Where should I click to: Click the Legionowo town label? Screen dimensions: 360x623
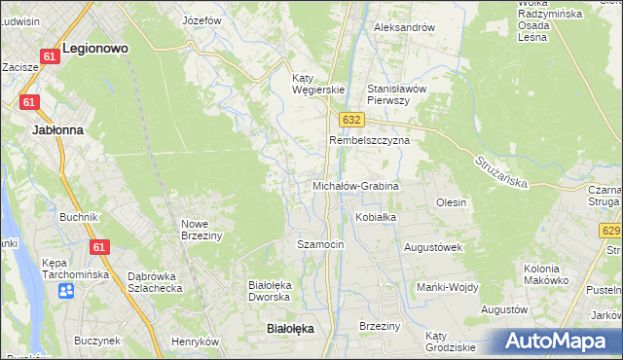point(95,47)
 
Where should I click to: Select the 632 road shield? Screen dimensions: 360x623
point(352,119)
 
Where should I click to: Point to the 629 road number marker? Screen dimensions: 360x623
point(610,231)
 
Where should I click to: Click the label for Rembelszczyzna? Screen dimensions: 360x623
point(370,140)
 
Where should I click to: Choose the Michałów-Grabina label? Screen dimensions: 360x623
point(355,185)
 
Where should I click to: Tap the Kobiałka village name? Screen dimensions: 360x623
point(376,217)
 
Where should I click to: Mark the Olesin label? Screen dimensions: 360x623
point(451,202)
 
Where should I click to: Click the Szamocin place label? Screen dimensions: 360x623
point(320,244)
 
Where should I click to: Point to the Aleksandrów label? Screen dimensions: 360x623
point(404,27)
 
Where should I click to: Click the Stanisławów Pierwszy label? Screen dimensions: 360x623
point(396,93)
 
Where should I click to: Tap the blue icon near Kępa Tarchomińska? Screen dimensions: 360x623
point(66,290)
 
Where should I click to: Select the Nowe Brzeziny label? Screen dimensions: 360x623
point(202,229)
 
